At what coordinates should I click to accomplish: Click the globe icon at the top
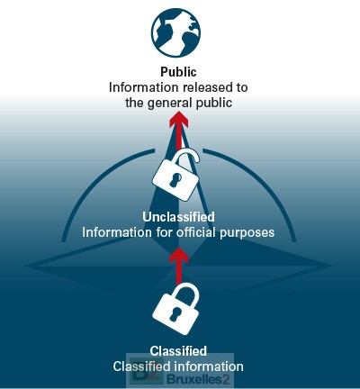click(x=175, y=32)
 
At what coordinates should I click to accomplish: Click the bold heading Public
click(x=178, y=72)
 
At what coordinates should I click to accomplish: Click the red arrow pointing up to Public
click(x=179, y=131)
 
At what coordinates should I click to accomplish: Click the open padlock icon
click(x=175, y=175)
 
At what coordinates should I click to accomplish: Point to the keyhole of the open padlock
click(x=175, y=180)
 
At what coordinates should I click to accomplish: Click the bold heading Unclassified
click(x=178, y=217)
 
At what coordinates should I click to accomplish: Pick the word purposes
click(x=247, y=233)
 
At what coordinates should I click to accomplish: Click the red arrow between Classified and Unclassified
click(x=179, y=266)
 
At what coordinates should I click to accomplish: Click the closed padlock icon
click(x=175, y=309)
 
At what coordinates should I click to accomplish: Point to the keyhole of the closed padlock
click(x=174, y=314)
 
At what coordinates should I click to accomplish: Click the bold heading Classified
click(x=178, y=351)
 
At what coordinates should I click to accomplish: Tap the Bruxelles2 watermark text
click(x=199, y=380)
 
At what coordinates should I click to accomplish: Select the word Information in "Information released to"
click(x=143, y=87)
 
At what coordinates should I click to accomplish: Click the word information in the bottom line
click(x=209, y=366)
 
